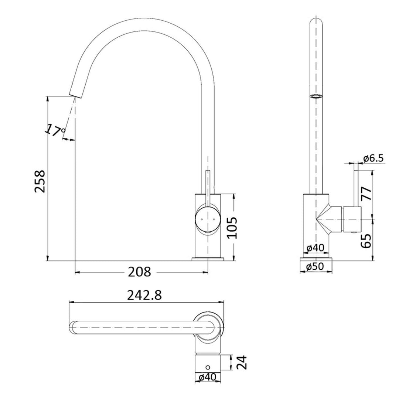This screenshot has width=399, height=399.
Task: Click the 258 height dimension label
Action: click(x=39, y=181)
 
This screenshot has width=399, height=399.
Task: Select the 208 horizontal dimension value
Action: click(x=140, y=272)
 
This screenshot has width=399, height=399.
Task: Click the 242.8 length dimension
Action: click(x=144, y=295)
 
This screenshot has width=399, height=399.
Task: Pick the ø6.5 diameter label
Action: click(x=374, y=158)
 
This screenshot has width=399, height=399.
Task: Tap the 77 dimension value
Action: click(x=366, y=193)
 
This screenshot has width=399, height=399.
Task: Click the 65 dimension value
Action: click(x=366, y=240)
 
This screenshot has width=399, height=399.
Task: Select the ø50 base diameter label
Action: click(x=315, y=266)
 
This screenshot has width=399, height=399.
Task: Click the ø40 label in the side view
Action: click(x=315, y=248)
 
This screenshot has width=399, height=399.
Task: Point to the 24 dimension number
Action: click(x=241, y=363)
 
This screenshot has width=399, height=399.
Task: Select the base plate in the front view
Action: click(x=208, y=259)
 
